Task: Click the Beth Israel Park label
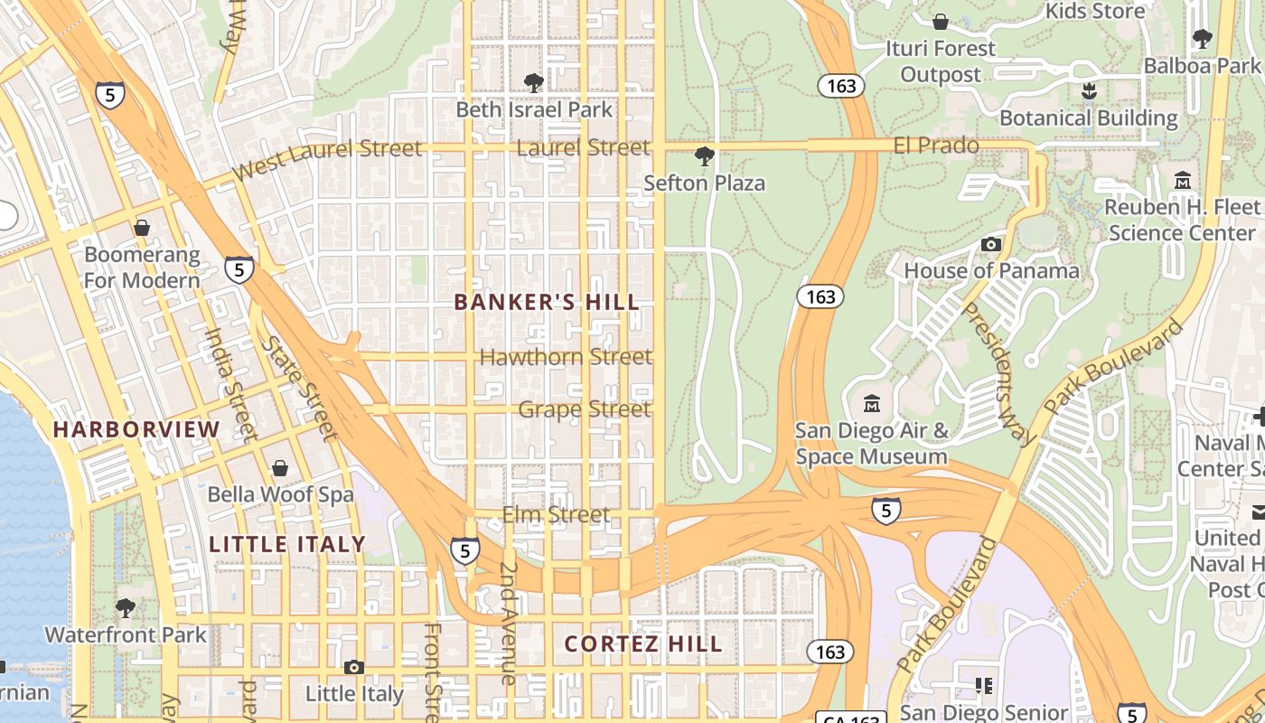[534, 109]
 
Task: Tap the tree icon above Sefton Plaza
[704, 156]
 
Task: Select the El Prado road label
[936, 145]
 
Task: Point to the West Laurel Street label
[326, 159]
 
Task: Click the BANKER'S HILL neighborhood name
[547, 302]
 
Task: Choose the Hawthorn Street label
[566, 357]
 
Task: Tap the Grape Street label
[584, 409]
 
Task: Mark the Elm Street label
[556, 514]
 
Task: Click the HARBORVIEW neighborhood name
[136, 429]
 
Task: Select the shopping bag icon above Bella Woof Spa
[280, 467]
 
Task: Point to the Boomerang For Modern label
[142, 268]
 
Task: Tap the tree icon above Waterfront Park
[126, 607]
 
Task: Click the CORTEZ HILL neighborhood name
[643, 643]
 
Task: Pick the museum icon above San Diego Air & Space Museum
[872, 403]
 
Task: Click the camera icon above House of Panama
[991, 244]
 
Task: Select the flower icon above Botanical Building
[1088, 91]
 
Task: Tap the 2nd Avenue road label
[508, 624]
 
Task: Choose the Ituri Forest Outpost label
[940, 61]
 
